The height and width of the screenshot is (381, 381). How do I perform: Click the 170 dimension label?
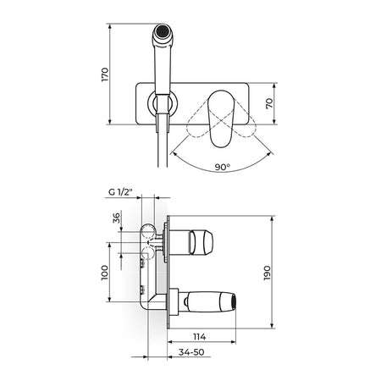click(105, 75)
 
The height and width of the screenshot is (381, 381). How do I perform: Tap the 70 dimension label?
click(269, 103)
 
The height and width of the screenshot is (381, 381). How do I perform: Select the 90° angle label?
click(223, 167)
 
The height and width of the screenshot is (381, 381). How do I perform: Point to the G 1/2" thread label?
click(120, 192)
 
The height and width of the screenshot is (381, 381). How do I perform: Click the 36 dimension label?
click(116, 218)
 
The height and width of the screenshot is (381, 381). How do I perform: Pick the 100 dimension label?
click(105, 273)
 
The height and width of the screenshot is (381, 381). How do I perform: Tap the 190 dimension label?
click(267, 273)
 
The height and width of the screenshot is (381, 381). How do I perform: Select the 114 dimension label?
click(200, 336)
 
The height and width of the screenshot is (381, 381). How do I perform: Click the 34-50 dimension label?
click(191, 352)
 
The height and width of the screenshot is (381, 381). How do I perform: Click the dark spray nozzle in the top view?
click(163, 30)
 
